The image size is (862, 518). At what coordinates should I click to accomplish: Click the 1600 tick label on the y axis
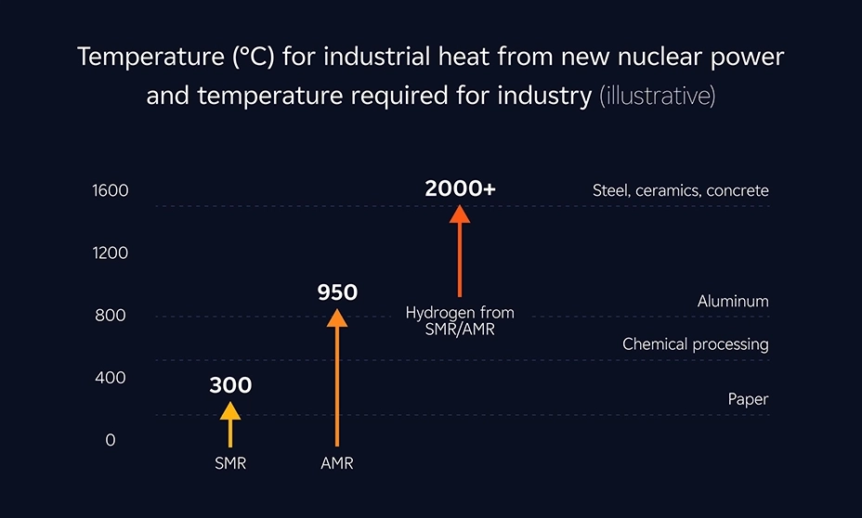pyautogui.click(x=110, y=190)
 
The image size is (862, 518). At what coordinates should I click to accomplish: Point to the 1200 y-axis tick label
pyautogui.click(x=110, y=253)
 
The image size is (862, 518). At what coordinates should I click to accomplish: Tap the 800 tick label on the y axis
pyautogui.click(x=110, y=316)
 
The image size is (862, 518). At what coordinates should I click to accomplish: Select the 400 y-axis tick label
pyautogui.click(x=110, y=378)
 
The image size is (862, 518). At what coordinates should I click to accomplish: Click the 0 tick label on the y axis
pyautogui.click(x=111, y=440)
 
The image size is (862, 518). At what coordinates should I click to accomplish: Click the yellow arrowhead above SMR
pyautogui.click(x=229, y=410)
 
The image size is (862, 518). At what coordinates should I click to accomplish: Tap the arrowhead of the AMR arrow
pyautogui.click(x=337, y=317)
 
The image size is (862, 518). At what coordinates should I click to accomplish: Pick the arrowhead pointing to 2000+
pyautogui.click(x=460, y=214)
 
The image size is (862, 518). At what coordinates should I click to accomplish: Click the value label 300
pyautogui.click(x=230, y=384)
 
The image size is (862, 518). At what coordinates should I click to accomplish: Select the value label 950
pyautogui.click(x=337, y=292)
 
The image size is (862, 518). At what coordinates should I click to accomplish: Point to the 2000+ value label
pyautogui.click(x=460, y=188)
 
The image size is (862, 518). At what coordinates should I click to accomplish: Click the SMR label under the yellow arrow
pyautogui.click(x=230, y=463)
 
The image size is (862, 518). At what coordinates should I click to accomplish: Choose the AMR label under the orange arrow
pyautogui.click(x=337, y=463)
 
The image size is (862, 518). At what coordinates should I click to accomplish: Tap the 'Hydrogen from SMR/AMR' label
pyautogui.click(x=460, y=321)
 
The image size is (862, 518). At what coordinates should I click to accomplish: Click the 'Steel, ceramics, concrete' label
pyautogui.click(x=680, y=190)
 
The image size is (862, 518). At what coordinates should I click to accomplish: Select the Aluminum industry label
pyautogui.click(x=733, y=302)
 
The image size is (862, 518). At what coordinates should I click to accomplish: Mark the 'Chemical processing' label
pyautogui.click(x=695, y=344)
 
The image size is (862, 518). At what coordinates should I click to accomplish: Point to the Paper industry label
pyautogui.click(x=748, y=399)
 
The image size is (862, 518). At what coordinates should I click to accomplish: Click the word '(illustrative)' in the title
pyautogui.click(x=657, y=96)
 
